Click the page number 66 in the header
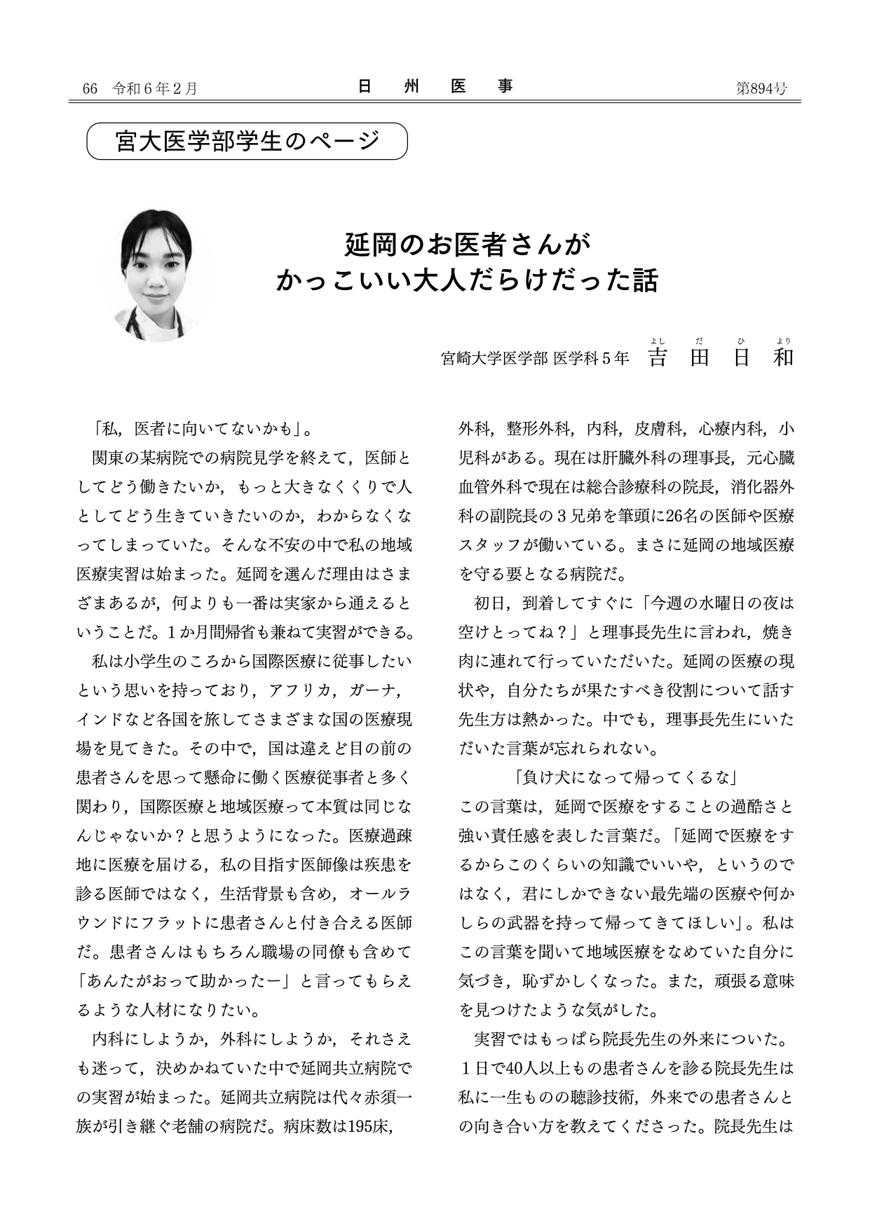coord(89,88)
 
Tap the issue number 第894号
coord(761,88)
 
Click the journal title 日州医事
coord(435,87)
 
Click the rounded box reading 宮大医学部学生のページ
coord(247,141)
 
